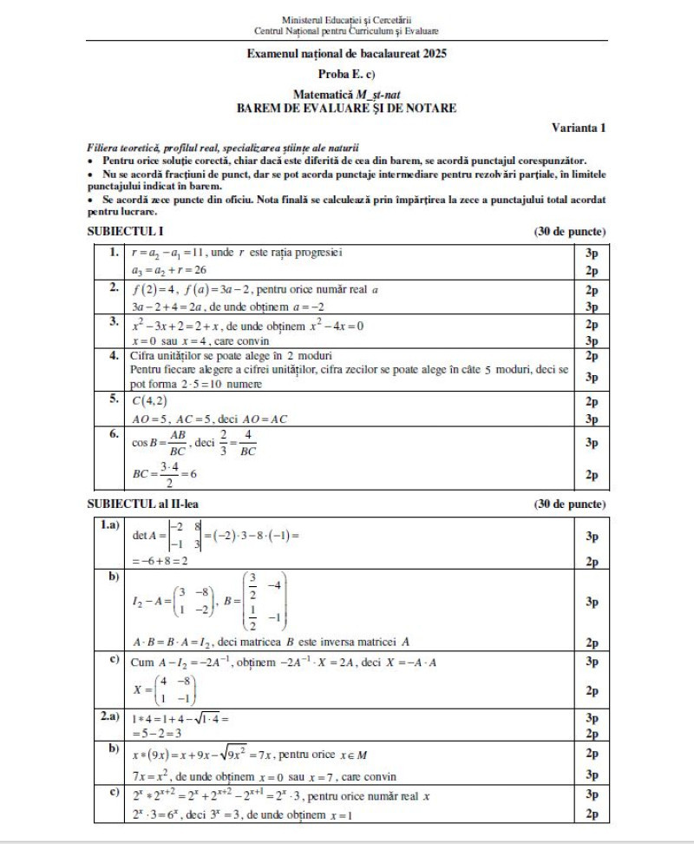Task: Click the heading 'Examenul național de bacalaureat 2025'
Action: [x=346, y=54]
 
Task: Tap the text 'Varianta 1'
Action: [x=579, y=128]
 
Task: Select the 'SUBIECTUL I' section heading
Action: [x=125, y=232]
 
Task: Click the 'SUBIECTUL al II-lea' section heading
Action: [x=147, y=504]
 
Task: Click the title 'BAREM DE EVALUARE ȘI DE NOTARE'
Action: [x=346, y=109]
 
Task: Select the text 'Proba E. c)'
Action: [x=346, y=74]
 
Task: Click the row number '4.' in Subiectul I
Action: [x=114, y=355]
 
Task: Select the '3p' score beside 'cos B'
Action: [x=592, y=443]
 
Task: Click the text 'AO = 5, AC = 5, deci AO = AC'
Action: [x=208, y=419]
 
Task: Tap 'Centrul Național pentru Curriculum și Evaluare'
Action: [x=346, y=30]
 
